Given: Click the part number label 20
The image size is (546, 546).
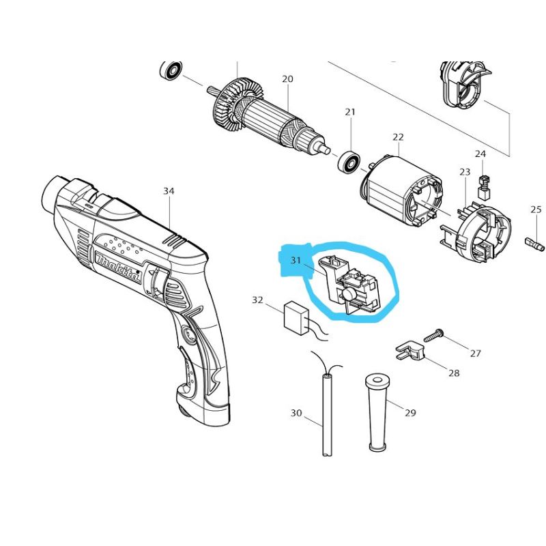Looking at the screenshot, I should coord(287,79).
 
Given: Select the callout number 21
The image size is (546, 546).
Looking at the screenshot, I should coord(350,111).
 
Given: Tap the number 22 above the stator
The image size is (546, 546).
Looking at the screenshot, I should coord(399,138).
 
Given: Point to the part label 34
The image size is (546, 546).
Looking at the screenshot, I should coord(169,191).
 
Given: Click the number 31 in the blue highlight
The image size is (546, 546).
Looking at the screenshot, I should coord(296,260).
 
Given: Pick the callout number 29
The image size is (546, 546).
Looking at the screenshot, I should coord(409,412).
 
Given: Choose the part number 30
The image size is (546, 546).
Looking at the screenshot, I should coord(296,412).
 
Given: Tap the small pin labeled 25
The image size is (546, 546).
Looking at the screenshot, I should coord(534,242).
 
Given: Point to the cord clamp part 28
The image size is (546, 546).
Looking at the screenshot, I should coord(409,352).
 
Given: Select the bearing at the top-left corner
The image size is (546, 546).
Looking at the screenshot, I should coord(171,70).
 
